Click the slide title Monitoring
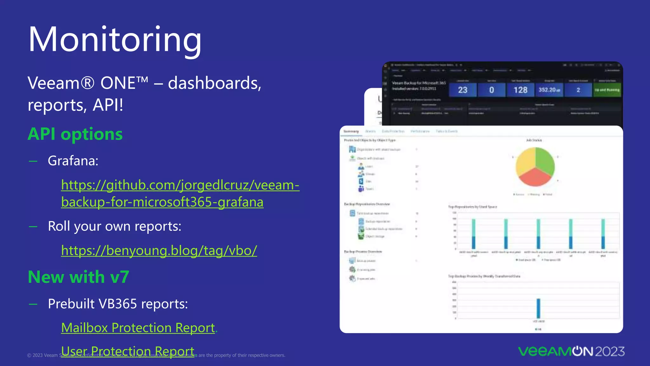[x=115, y=40]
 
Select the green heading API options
[x=75, y=134]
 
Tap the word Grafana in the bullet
[x=73, y=161]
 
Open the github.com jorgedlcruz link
[x=180, y=193]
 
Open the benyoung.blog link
[x=159, y=251]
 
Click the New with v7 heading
[x=78, y=277]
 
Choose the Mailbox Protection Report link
[x=138, y=328]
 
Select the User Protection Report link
[x=128, y=351]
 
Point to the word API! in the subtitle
[x=108, y=105]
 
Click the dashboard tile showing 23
[x=463, y=90]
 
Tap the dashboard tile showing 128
[x=521, y=90]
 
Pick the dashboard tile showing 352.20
[x=549, y=90]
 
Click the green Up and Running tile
[x=607, y=90]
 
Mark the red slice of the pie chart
[x=535, y=178]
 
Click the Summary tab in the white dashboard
[x=351, y=131]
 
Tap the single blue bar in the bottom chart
[x=539, y=308]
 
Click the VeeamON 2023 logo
[x=571, y=351]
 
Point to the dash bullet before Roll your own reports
[x=33, y=227]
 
